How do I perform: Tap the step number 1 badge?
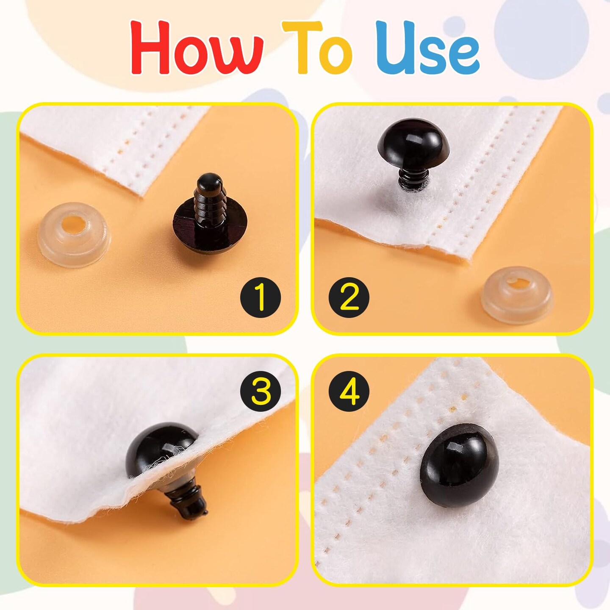click(x=260, y=297)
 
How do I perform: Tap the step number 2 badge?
click(x=349, y=297)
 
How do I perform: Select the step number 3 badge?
click(x=260, y=392)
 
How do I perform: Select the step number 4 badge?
click(x=349, y=392)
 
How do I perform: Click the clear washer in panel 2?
click(x=517, y=294)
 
